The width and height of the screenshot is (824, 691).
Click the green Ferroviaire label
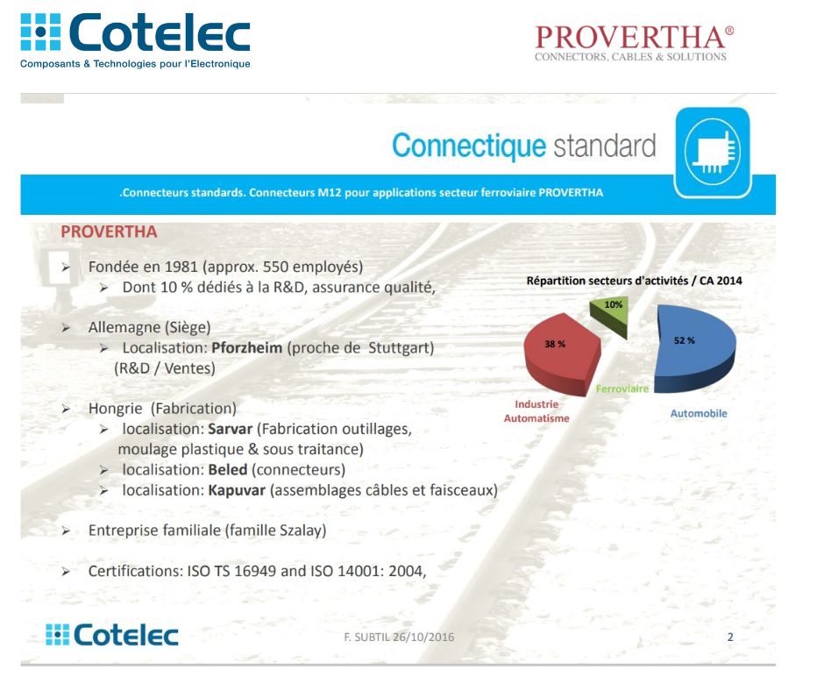pyautogui.click(x=622, y=388)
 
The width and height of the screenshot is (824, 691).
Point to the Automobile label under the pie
pyautogui.click(x=699, y=413)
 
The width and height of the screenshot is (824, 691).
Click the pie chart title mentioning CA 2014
pyautogui.click(x=635, y=281)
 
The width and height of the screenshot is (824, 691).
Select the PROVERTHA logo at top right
pyautogui.click(x=635, y=43)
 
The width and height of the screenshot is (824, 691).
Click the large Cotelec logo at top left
pyautogui.click(x=135, y=40)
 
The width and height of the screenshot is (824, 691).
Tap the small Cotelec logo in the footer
pyautogui.click(x=112, y=635)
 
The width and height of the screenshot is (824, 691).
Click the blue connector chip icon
pyautogui.click(x=713, y=153)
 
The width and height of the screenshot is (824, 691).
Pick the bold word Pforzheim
pyautogui.click(x=247, y=348)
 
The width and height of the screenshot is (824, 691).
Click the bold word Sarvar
pyautogui.click(x=231, y=429)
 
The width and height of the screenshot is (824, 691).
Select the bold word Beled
pyautogui.click(x=228, y=470)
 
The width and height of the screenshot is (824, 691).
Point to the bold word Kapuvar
pyautogui.click(x=237, y=491)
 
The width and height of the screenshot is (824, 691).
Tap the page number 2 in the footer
pyautogui.click(x=730, y=637)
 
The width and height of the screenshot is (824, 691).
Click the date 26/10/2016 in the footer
pyautogui.click(x=423, y=637)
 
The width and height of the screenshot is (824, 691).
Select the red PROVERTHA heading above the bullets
pyautogui.click(x=109, y=232)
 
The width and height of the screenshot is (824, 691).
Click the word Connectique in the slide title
pyautogui.click(x=469, y=146)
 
